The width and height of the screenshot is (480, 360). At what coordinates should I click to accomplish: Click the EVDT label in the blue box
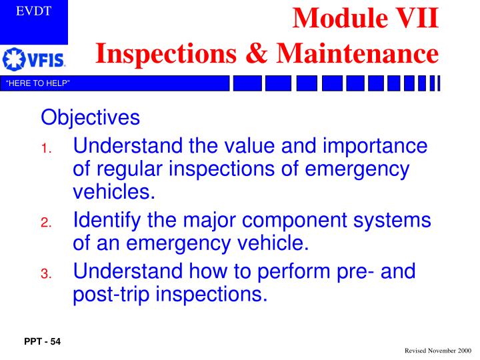click(33, 11)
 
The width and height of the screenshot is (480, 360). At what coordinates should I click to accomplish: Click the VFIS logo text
click(46, 61)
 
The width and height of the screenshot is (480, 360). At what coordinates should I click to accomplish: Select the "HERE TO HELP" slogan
click(38, 83)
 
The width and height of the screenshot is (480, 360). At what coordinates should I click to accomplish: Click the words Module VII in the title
click(366, 18)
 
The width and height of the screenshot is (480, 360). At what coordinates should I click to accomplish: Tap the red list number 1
click(45, 149)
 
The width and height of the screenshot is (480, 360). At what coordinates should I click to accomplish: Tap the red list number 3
click(45, 274)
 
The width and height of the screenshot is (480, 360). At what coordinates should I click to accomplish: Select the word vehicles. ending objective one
click(113, 193)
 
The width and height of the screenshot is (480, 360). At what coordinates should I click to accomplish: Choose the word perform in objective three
click(298, 271)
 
